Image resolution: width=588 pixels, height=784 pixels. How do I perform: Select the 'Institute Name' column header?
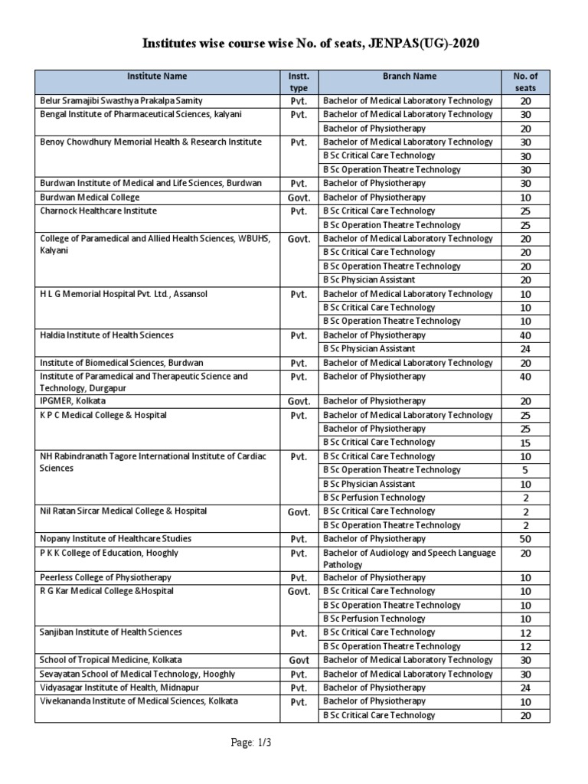156,77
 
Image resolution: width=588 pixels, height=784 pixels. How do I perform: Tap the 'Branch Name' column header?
410,77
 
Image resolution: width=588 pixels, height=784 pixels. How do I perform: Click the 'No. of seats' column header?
525,82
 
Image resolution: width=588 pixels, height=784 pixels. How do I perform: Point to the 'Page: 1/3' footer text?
251,743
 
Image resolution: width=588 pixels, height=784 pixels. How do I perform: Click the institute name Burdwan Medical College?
90,198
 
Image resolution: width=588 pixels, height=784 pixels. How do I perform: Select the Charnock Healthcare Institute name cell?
98,211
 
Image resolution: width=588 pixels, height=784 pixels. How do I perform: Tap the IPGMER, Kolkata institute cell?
73,401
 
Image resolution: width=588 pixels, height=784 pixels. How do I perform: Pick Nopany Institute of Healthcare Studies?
116,539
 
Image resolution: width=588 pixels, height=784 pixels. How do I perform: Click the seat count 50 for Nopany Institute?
525,540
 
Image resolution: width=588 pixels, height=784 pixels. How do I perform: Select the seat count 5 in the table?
525,470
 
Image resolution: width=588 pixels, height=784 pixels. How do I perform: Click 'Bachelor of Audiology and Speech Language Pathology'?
409,558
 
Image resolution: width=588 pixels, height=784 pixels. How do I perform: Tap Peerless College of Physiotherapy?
106,577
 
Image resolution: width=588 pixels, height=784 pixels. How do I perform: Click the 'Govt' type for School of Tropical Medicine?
299,660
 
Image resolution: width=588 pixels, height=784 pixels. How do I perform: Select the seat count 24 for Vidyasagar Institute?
525,688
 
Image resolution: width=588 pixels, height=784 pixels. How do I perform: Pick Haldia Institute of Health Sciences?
106,335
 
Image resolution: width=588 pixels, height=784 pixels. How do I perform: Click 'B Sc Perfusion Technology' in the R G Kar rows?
374,619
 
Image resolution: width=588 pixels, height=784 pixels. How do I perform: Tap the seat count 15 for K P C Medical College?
525,443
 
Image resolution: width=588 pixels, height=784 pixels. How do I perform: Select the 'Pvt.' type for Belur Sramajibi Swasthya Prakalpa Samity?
299,101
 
